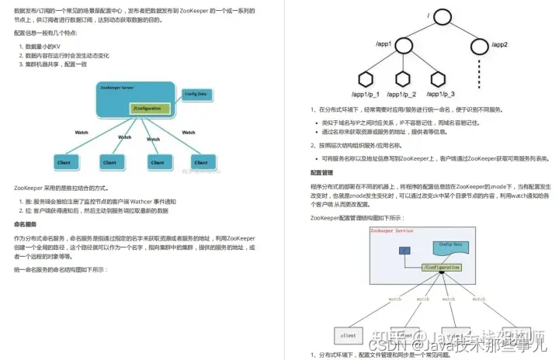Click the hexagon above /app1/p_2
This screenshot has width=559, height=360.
[403, 78]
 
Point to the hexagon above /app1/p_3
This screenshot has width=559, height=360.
[439, 78]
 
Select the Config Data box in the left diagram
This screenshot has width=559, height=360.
[195, 94]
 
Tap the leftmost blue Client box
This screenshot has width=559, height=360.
[64, 162]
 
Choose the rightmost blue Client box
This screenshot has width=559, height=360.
[200, 162]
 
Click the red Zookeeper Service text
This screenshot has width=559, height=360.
[392, 231]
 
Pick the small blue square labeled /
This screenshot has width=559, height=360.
[404, 251]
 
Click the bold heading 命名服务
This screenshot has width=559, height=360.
[26, 224]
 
